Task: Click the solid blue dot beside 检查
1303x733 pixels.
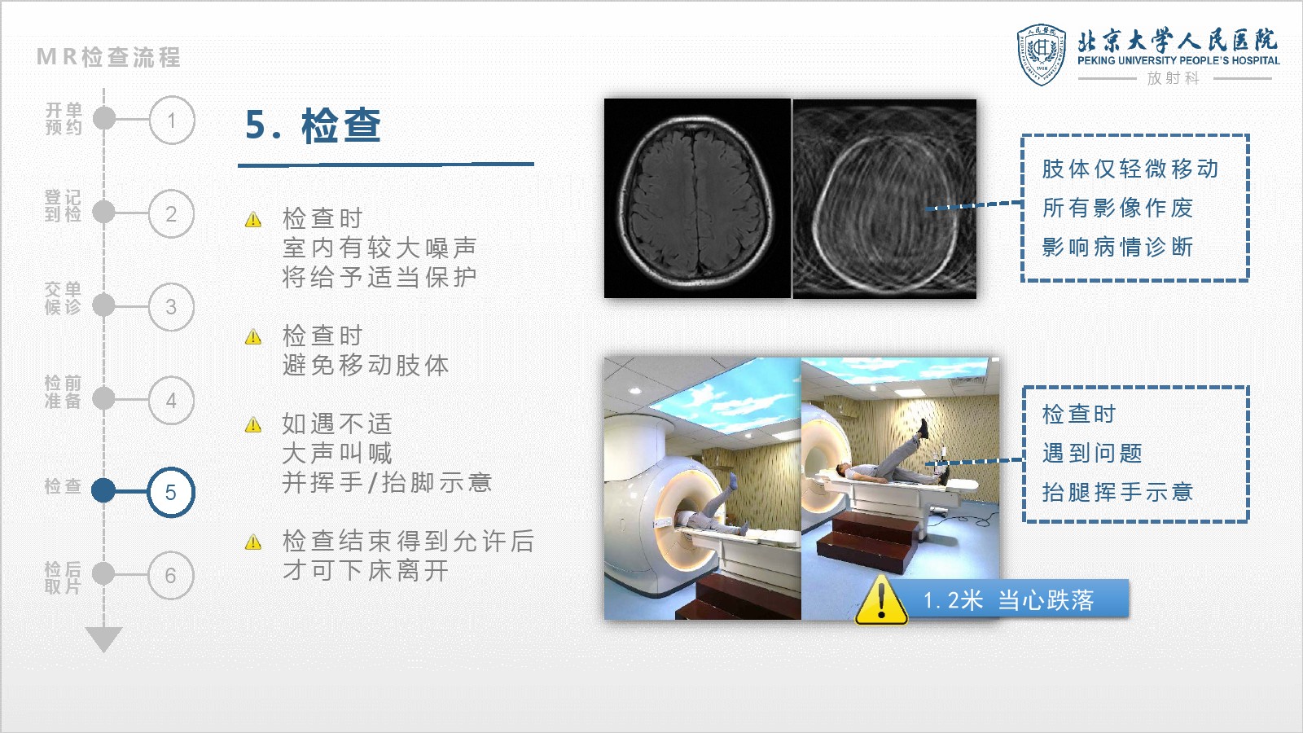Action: coord(103,489)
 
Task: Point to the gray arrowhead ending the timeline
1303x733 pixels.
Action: coord(103,639)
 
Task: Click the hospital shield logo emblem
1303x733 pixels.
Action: coord(1042,55)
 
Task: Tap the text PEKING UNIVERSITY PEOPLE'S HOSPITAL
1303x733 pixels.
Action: coord(1178,60)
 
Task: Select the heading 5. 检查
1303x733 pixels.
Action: coord(313,125)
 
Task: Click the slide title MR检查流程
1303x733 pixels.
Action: coord(109,57)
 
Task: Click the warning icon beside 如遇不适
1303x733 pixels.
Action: coord(253,424)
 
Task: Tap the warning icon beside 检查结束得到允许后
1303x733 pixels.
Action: coord(253,542)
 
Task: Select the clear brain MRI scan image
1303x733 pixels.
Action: coord(697,199)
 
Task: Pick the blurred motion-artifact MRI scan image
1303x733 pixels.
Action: coord(884,199)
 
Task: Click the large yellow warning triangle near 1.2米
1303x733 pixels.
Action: coord(881,599)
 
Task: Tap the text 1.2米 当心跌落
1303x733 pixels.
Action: coord(1009,600)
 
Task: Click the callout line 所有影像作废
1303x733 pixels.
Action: coord(1117,208)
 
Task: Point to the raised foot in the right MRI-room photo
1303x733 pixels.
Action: coord(924,429)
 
